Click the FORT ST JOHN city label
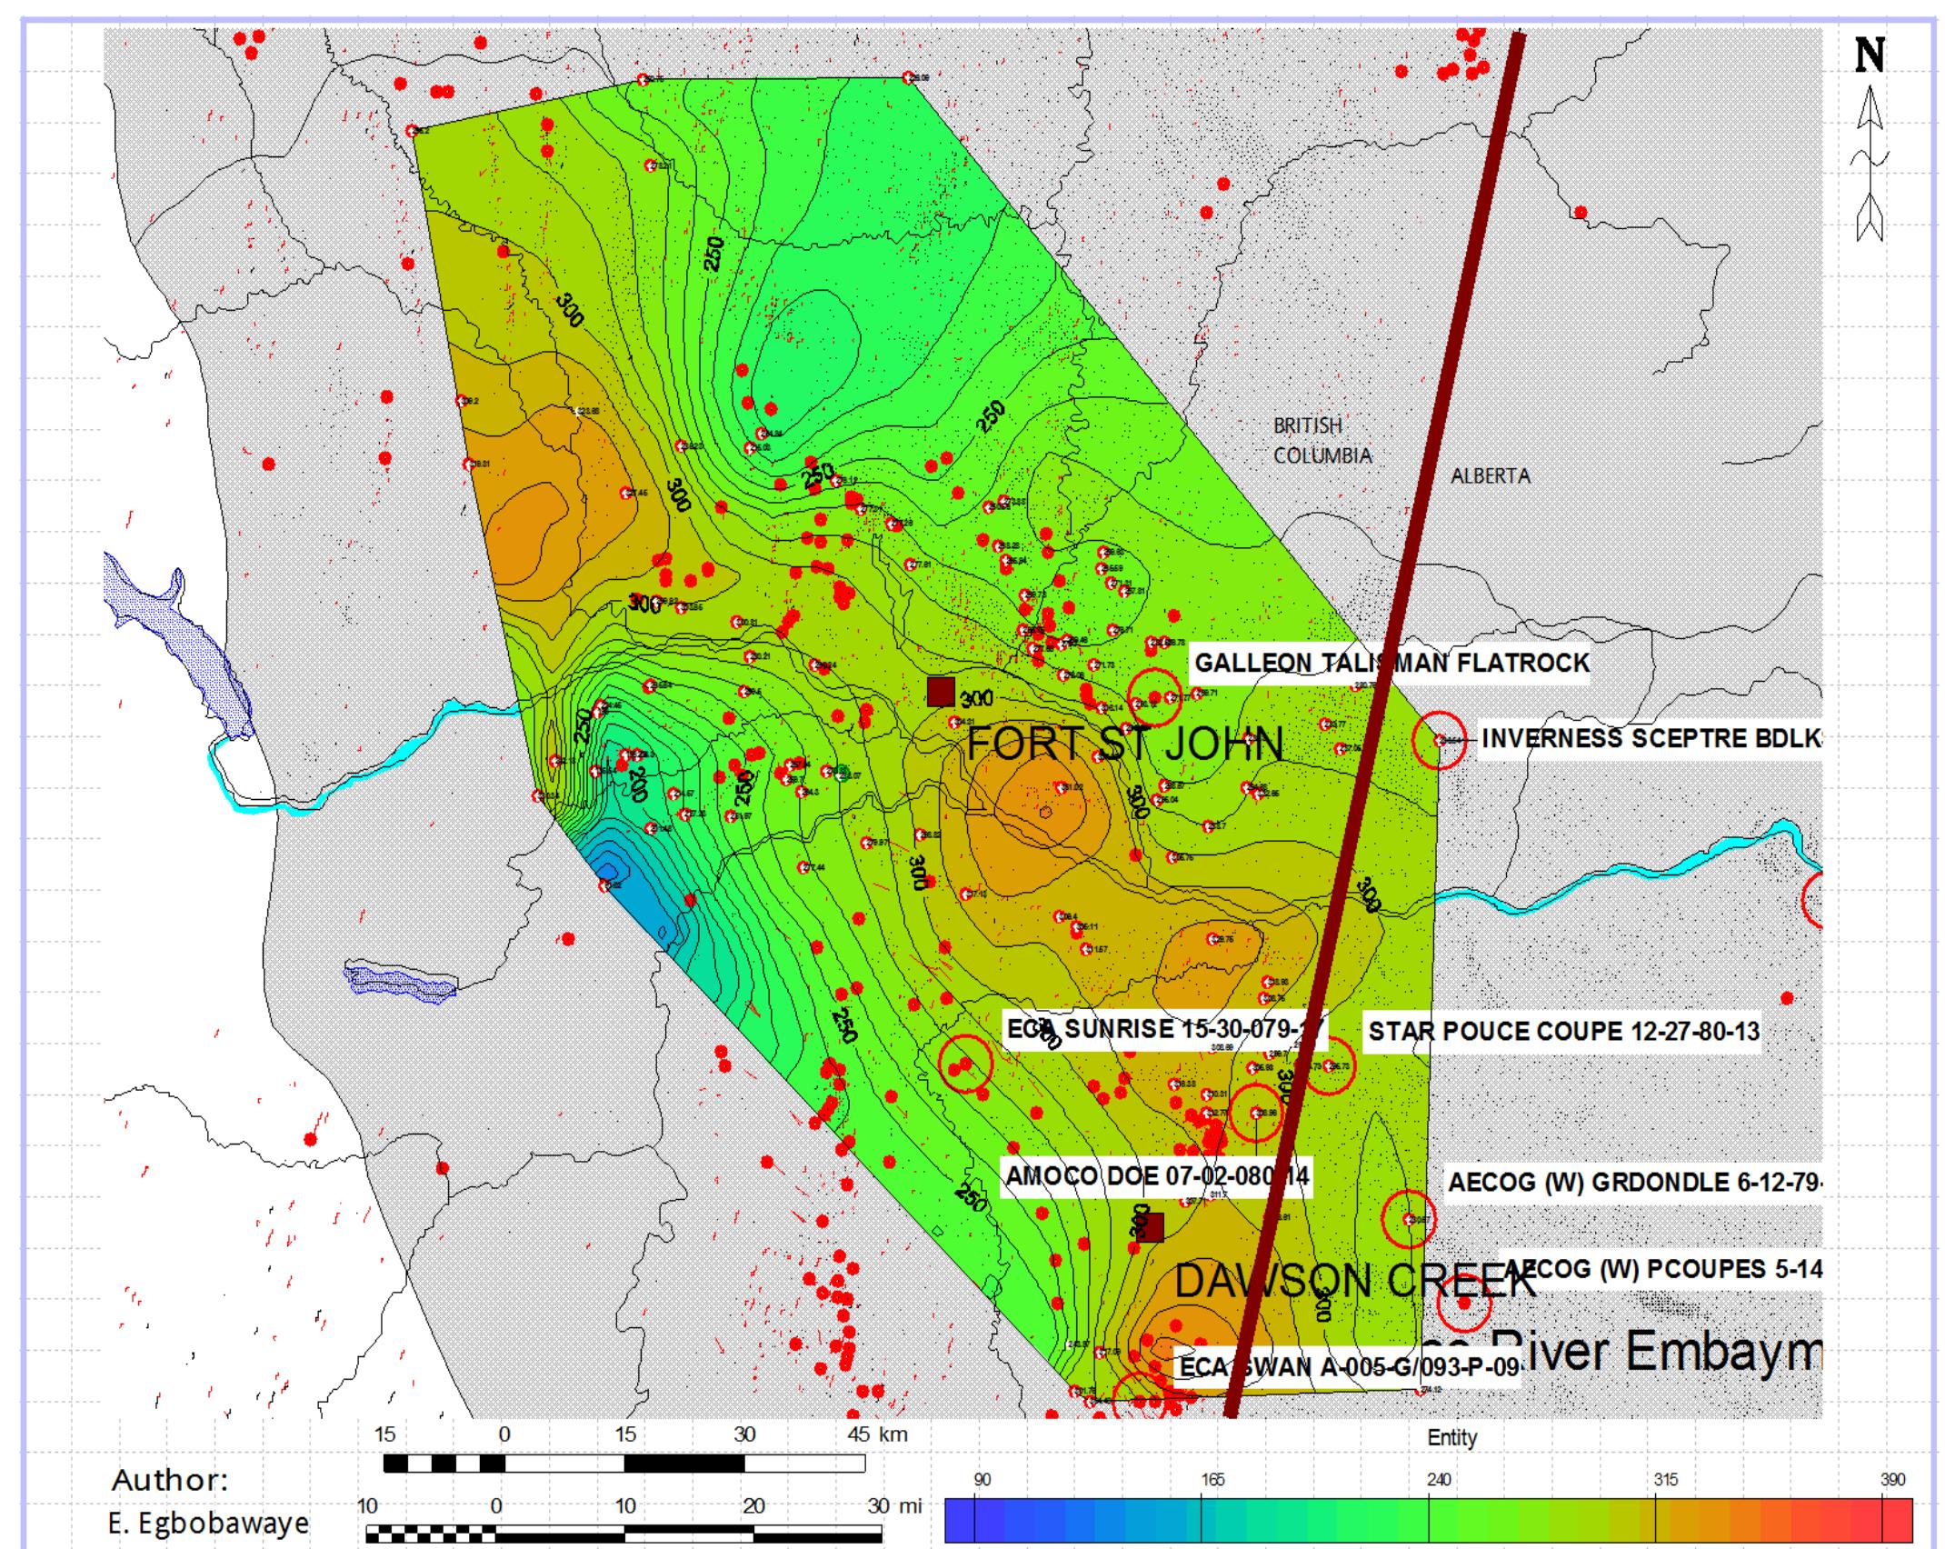click(1125, 744)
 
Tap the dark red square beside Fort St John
click(941, 691)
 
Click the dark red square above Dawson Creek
click(1151, 1227)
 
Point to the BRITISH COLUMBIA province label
click(1321, 441)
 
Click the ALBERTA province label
click(1490, 475)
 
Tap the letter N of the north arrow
click(1870, 56)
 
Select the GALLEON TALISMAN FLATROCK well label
click(1391, 663)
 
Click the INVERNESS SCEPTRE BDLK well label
click(1651, 738)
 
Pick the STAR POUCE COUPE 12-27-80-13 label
click(1563, 1031)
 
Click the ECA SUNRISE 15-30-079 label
click(1164, 1029)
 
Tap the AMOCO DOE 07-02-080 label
click(1156, 1176)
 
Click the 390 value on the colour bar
click(1892, 1480)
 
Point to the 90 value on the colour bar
click(982, 1480)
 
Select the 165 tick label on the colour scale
click(1212, 1480)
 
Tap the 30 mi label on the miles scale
click(894, 1505)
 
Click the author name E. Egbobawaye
click(209, 1523)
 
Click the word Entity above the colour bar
click(1451, 1437)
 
